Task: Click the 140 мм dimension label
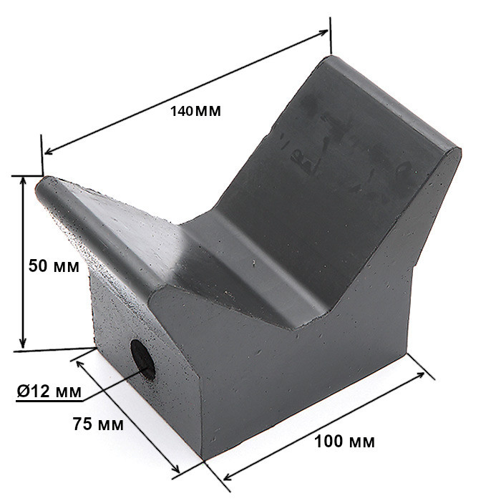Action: [195, 111]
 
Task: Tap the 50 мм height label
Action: [54, 266]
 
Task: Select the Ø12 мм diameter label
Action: [49, 391]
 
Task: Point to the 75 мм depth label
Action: [98, 424]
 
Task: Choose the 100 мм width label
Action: [344, 442]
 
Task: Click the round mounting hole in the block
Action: [143, 359]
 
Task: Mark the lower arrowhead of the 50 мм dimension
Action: [22, 344]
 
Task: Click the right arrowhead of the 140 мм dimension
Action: [323, 32]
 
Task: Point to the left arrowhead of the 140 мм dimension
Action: [49, 151]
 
